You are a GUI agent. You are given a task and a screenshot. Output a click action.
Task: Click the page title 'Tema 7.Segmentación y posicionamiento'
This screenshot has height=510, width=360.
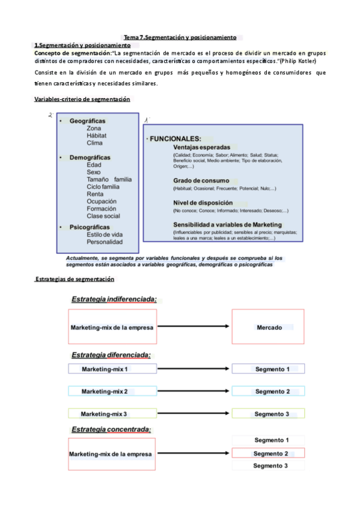coord(180,37)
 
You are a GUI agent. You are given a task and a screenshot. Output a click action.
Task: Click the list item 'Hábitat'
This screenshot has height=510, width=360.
coord(97,136)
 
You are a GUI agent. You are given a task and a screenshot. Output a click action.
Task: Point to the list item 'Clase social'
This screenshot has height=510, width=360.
coord(103,216)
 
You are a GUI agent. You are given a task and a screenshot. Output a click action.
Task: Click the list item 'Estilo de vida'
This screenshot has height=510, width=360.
coord(105,235)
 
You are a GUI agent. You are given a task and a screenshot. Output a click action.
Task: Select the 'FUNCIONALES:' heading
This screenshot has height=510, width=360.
coord(175,138)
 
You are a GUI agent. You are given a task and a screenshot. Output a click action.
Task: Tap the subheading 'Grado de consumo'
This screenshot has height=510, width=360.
coord(201,180)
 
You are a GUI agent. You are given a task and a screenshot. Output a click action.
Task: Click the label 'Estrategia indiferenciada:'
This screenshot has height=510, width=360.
coord(114,299)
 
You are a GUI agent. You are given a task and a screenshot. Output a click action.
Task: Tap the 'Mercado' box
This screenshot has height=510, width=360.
coord(268,327)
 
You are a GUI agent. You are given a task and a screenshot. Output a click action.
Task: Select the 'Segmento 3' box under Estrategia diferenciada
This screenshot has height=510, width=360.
coord(268,414)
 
